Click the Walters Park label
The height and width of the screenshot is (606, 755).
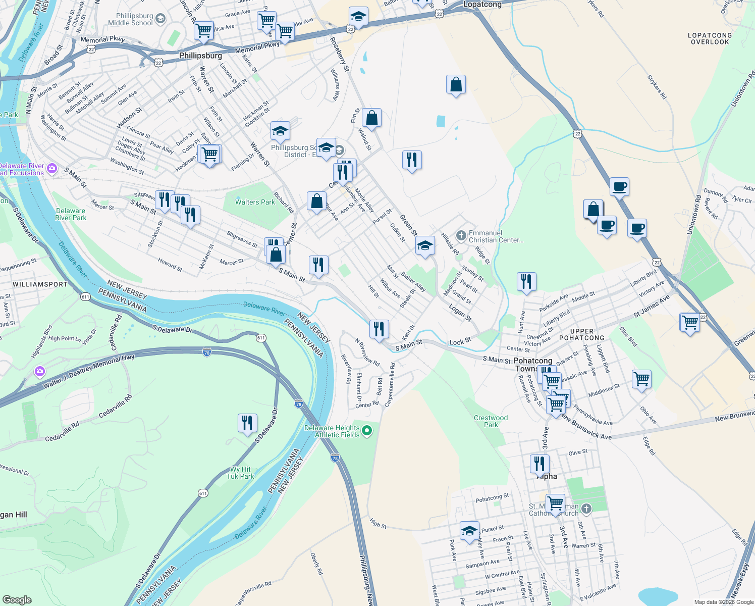255,202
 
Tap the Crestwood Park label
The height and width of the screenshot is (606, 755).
491,421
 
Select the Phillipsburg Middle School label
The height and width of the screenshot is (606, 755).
130,19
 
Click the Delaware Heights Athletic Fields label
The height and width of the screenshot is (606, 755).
332,431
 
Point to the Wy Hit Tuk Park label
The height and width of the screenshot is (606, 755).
240,473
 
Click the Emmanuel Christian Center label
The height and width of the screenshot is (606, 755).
496,236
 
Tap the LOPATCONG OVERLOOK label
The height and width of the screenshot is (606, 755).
710,39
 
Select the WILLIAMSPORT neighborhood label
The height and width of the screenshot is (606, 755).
40,284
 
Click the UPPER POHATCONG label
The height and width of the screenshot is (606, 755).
581,334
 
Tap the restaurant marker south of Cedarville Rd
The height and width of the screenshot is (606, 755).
247,423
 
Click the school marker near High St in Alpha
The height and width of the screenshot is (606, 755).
469,531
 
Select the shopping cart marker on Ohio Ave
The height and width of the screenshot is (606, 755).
641,379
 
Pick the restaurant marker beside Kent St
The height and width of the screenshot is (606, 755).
379,329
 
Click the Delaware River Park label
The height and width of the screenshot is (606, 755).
71,214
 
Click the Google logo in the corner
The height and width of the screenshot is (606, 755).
17,599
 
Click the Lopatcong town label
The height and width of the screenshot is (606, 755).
482,5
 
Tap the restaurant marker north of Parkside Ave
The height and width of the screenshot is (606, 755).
526,282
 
